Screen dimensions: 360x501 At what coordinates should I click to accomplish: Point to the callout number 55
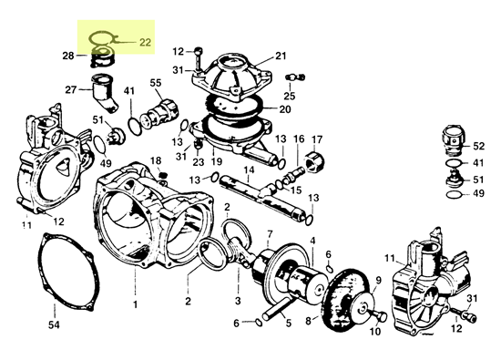[x=156, y=83]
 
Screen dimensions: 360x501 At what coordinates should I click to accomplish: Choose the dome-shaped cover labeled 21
[x=231, y=73]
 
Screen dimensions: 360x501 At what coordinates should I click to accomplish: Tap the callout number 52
[x=479, y=145]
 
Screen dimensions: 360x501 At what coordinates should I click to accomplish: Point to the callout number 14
[x=247, y=170]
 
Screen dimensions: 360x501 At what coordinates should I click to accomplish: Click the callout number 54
[x=53, y=325]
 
